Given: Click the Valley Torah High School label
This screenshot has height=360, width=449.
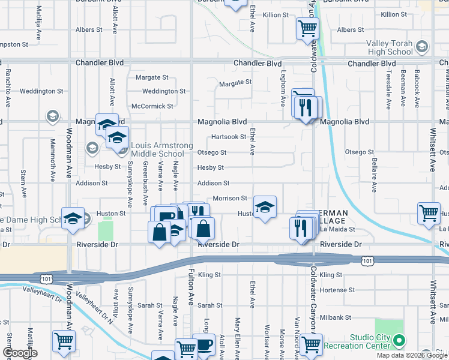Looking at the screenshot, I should (390, 47).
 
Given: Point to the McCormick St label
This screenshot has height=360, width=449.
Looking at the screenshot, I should (152, 106).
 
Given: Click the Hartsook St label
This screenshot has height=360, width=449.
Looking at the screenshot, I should (229, 137).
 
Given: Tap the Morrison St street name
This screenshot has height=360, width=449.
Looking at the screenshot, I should (230, 198).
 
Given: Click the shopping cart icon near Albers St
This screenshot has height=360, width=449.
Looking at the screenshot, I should (307, 28).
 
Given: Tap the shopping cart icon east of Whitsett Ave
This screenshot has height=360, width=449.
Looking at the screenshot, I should (429, 214).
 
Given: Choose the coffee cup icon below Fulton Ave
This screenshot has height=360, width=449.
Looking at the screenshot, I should (205, 345).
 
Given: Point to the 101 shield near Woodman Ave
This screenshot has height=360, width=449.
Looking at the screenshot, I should (46, 278).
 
